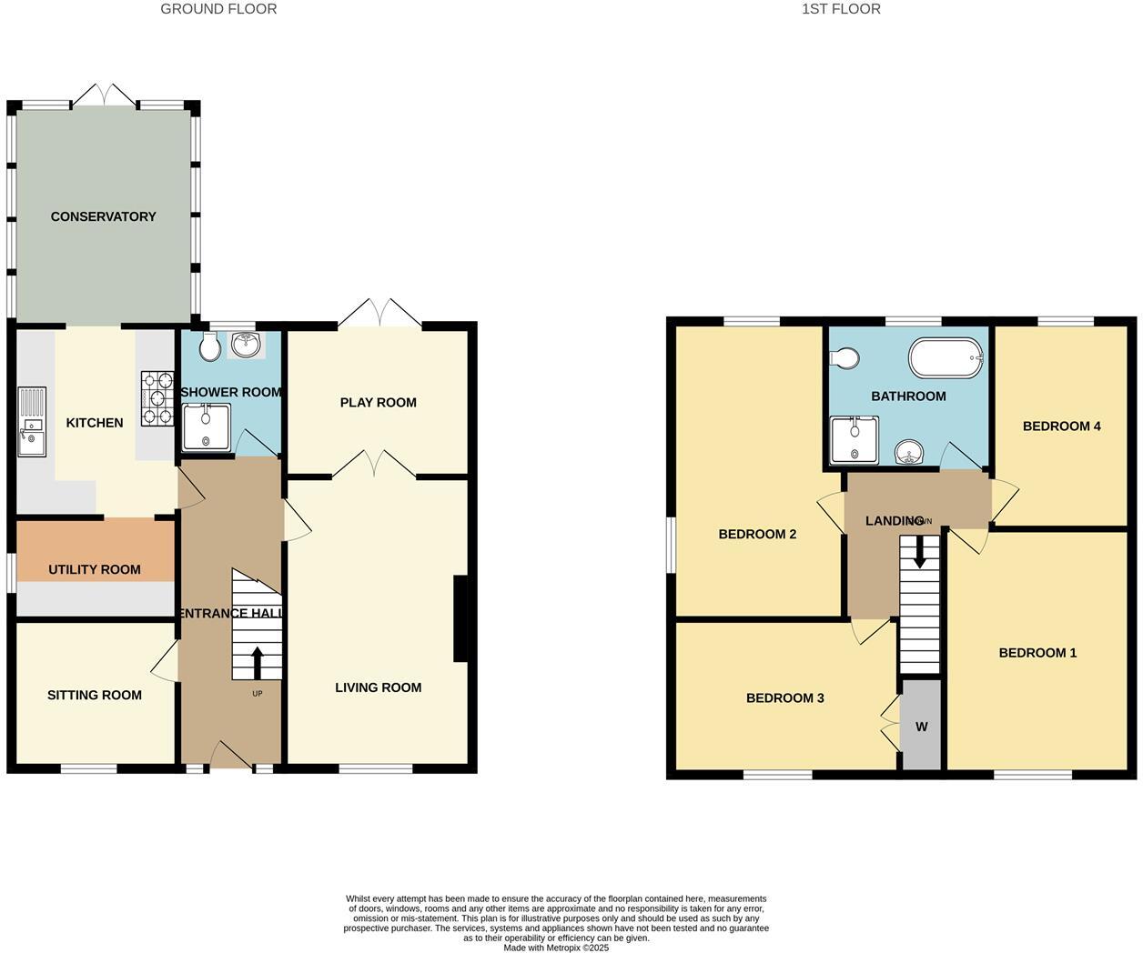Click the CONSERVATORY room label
103,216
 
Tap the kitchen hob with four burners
157,398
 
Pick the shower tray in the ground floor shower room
206,427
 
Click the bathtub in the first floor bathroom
946,358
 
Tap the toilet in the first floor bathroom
845,358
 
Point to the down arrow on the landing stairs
920,552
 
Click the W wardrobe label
921,727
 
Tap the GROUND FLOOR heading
218,9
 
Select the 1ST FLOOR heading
841,9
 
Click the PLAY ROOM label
378,402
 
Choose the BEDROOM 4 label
1061,426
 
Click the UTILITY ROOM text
95,569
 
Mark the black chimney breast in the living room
461,618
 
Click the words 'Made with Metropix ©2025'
556,948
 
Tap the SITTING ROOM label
95,695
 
